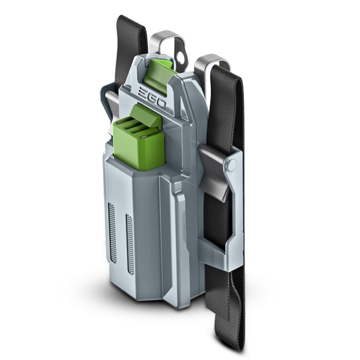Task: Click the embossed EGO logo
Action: pyautogui.click(x=152, y=97)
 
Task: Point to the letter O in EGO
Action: pyautogui.click(x=161, y=103)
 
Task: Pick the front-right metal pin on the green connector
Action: pyautogui.click(x=144, y=137)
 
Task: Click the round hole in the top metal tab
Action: pyautogui.click(x=181, y=55)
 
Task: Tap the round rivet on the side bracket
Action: pyautogui.click(x=232, y=164)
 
